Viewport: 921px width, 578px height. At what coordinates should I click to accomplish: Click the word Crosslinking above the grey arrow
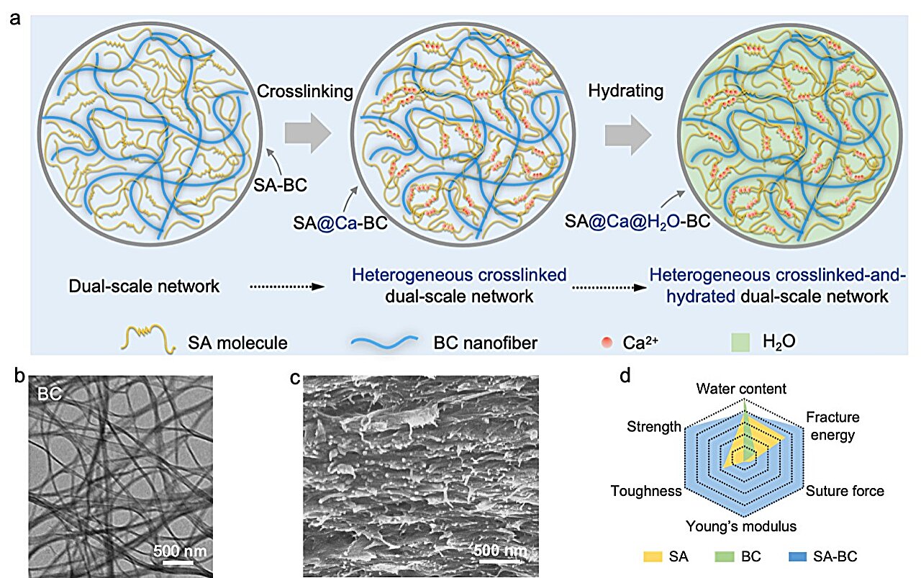tap(304, 91)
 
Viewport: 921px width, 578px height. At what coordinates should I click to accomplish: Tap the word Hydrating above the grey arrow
tap(625, 91)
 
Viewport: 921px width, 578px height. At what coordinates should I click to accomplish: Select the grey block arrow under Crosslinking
tap(308, 134)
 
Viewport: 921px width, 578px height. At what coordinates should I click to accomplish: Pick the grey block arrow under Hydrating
tap(628, 135)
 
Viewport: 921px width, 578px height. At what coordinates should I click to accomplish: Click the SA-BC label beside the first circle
tap(280, 185)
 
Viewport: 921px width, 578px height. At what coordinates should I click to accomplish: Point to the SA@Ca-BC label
tap(340, 223)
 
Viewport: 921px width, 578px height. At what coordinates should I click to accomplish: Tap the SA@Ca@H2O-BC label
tap(637, 222)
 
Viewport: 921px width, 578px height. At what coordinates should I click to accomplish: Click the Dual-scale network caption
tap(144, 286)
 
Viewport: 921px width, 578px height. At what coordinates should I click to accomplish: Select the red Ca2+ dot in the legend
tap(607, 343)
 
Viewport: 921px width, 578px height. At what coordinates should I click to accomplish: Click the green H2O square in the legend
tap(740, 343)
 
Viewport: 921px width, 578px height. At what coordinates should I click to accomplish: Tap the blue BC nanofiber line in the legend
tap(384, 343)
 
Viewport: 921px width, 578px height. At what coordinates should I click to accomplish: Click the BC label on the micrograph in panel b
tap(50, 394)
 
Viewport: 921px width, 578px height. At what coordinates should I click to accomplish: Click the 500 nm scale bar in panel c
tap(499, 561)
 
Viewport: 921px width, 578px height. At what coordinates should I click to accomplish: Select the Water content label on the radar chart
tap(741, 389)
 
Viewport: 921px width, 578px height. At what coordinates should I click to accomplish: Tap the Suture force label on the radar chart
tap(845, 491)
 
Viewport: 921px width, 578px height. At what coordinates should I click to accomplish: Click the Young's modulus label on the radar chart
tap(741, 526)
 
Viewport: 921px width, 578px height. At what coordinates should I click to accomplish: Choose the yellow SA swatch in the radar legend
tap(653, 556)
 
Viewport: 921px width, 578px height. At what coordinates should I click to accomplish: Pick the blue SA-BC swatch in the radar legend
tap(798, 556)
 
